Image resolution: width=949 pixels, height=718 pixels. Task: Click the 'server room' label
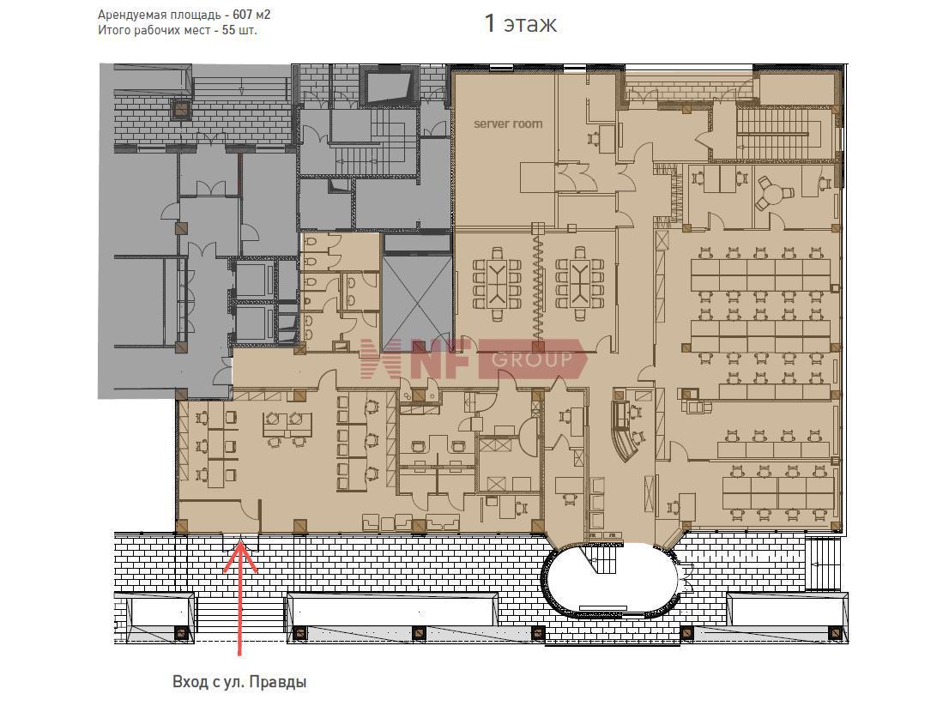(508, 124)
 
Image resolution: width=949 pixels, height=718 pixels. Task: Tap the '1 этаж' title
(521, 24)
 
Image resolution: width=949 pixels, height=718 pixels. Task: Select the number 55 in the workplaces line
(229, 30)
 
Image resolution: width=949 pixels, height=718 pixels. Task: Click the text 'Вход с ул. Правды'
(239, 682)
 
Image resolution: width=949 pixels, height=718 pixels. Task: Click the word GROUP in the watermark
(532, 360)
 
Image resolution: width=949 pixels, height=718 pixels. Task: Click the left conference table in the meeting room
(499, 282)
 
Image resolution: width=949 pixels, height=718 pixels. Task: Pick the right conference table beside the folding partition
(580, 282)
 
